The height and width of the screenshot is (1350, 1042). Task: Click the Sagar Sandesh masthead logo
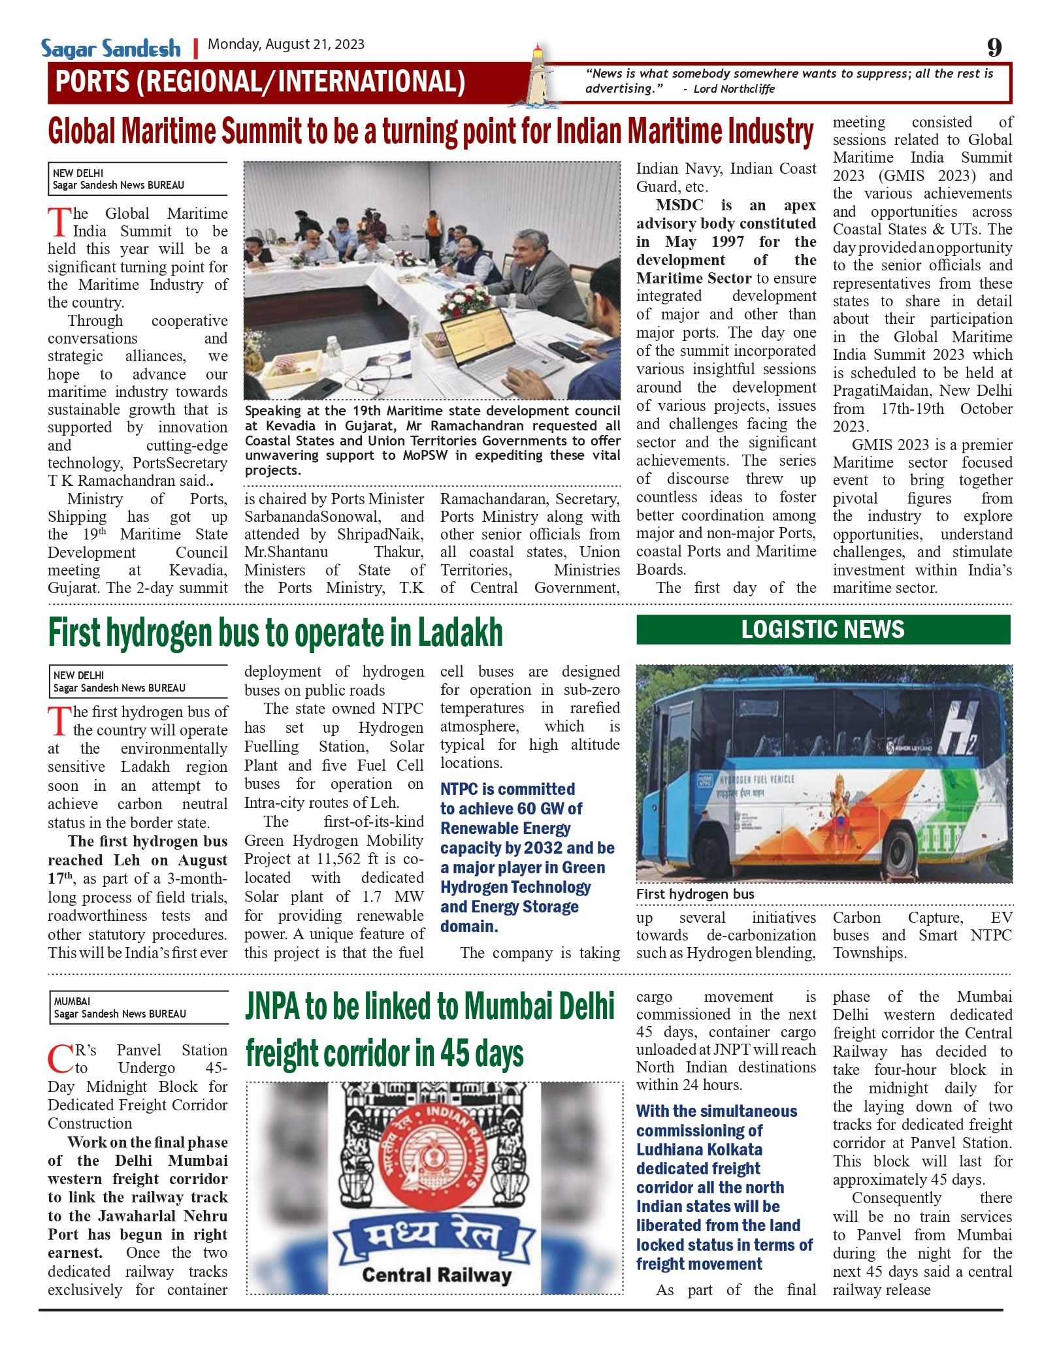click(110, 48)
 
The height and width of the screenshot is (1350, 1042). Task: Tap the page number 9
click(994, 47)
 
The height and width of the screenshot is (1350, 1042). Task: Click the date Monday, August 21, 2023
click(285, 44)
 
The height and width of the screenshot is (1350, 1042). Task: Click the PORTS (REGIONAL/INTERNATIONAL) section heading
click(260, 82)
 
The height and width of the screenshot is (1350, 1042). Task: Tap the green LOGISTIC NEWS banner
click(822, 630)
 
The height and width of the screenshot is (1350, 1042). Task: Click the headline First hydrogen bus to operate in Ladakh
click(276, 632)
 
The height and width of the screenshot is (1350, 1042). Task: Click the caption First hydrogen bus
click(695, 894)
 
